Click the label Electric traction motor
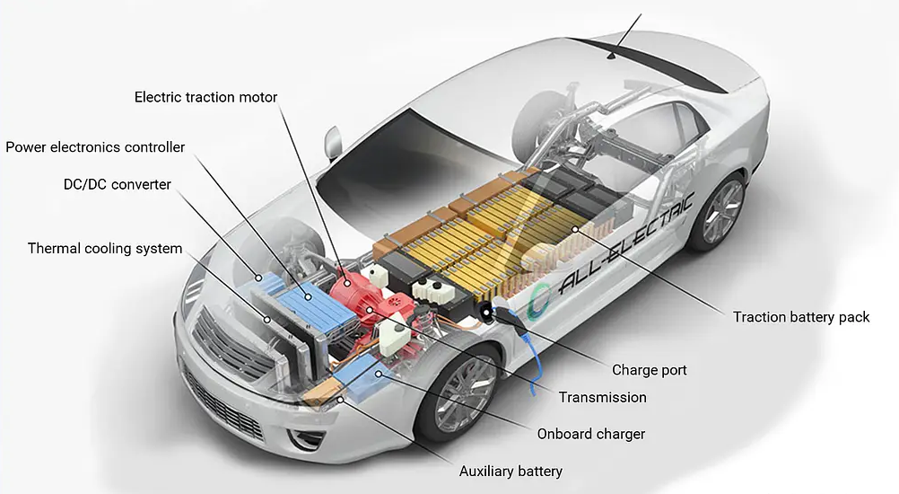pyautogui.click(x=205, y=97)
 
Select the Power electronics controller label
pyautogui.click(x=95, y=146)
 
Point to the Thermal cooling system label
pyautogui.click(x=104, y=248)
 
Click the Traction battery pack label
pyautogui.click(x=801, y=317)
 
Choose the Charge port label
pyautogui.click(x=650, y=369)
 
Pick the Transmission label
pyautogui.click(x=602, y=397)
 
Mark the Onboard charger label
pyautogui.click(x=590, y=434)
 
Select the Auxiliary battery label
pyautogui.click(x=511, y=471)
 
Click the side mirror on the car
pyautogui.click(x=333, y=142)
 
